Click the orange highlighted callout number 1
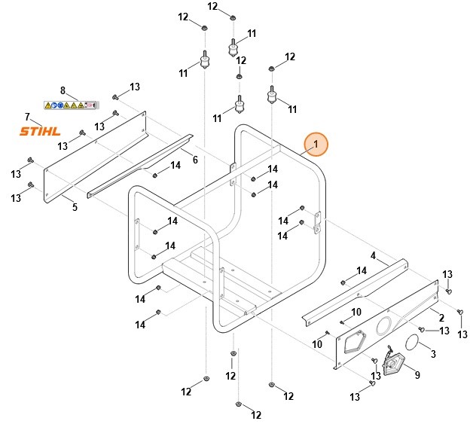tap(316, 143)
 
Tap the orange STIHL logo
tap(39, 132)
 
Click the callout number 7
tap(27, 117)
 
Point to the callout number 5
tap(75, 207)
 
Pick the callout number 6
tap(195, 160)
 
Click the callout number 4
tap(372, 255)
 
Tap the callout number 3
tap(432, 353)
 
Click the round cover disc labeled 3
tap(414, 342)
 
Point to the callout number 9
tap(417, 374)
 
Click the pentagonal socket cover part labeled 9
tap(393, 365)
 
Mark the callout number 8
tap(63, 90)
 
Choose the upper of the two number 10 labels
tap(356, 312)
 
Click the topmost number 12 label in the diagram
tap(212, 6)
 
